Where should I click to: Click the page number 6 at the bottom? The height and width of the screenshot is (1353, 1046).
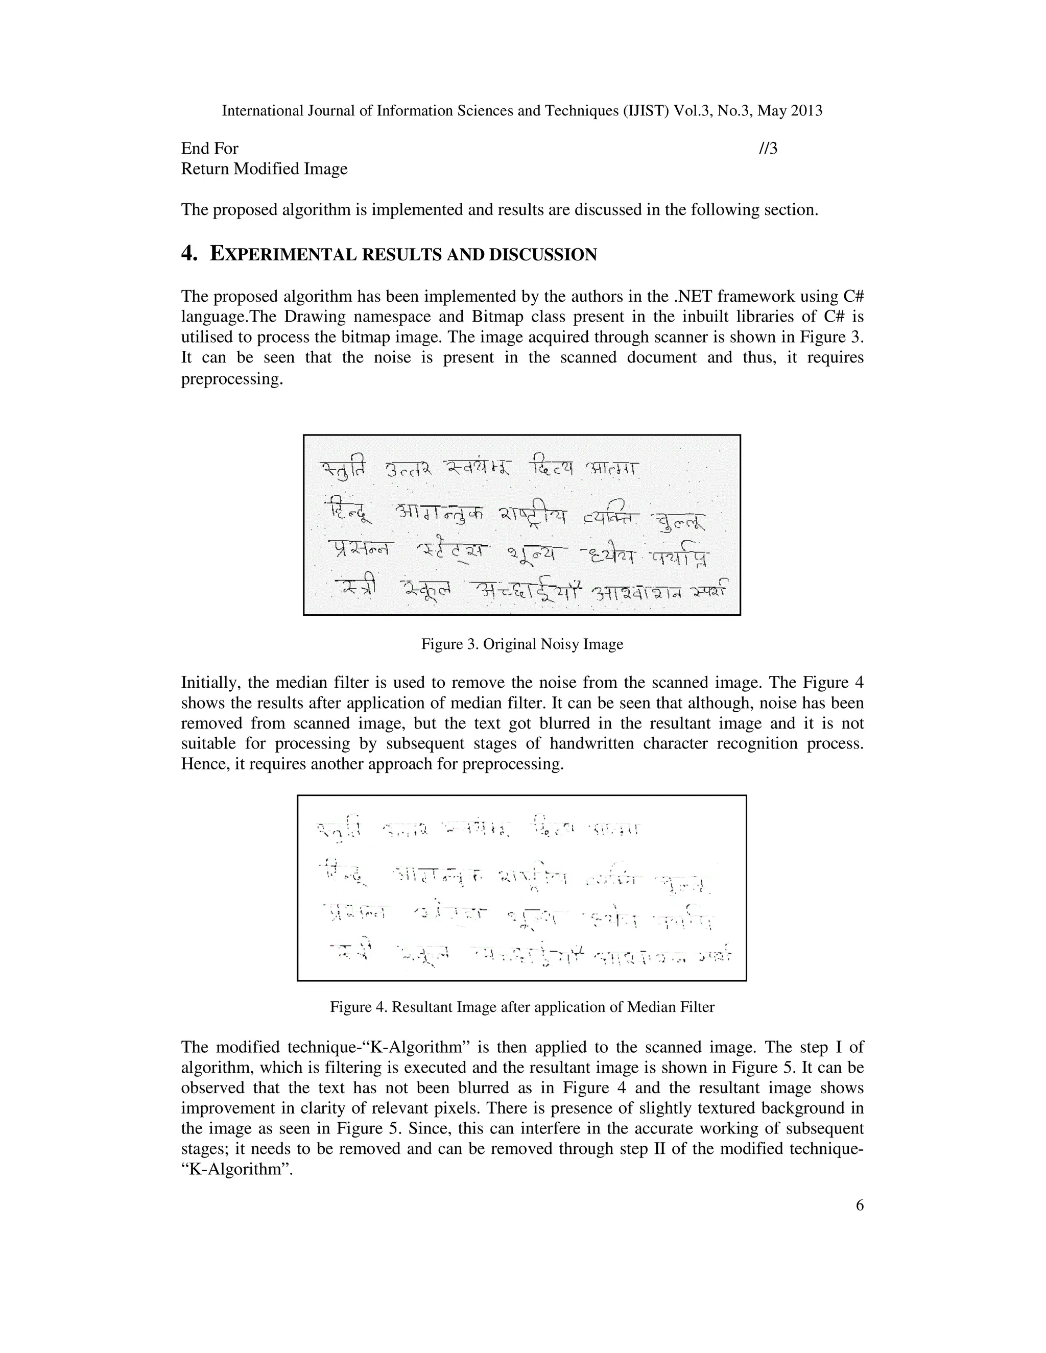(859, 1205)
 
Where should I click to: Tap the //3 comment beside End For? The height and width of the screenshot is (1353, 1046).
(768, 149)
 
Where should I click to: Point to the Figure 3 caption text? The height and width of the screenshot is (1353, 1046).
(522, 644)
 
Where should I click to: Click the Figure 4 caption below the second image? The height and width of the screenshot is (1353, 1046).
(522, 1007)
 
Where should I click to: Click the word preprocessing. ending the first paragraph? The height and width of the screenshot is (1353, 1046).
(232, 378)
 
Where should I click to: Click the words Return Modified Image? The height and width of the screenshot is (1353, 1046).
(264, 168)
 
